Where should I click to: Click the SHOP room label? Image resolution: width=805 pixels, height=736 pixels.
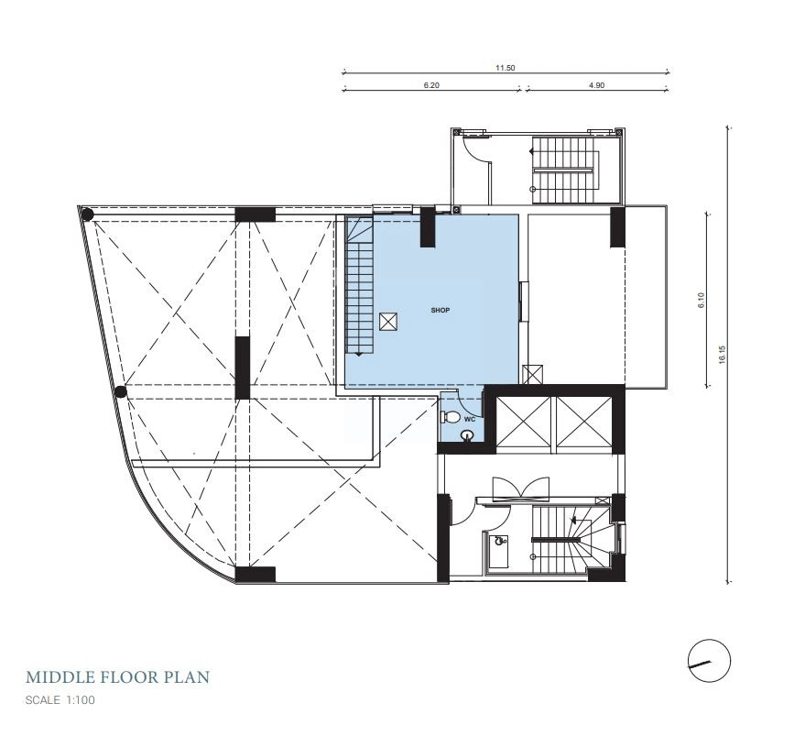pos(440,311)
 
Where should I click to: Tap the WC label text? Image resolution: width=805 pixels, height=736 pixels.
pos(469,420)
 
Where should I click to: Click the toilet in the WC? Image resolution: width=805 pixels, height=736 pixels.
pos(451,417)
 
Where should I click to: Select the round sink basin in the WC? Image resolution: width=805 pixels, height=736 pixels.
pos(467,436)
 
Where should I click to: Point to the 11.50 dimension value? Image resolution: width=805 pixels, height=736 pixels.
pos(505,68)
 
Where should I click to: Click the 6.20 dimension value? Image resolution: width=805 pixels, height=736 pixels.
pos(431,85)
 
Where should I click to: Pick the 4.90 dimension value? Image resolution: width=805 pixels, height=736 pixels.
pos(596,85)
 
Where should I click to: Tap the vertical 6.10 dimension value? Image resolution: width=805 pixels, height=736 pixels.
pos(702,300)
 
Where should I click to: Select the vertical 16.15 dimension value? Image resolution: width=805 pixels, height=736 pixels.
pos(723,355)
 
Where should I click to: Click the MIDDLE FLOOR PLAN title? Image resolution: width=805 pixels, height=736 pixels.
pos(117,677)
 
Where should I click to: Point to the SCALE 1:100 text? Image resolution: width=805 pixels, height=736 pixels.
pos(60,700)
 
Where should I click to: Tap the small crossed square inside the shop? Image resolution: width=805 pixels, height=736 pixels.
pos(388,322)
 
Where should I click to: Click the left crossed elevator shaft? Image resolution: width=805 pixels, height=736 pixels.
pos(524,422)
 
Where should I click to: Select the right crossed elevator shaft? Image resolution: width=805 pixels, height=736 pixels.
pos(584,422)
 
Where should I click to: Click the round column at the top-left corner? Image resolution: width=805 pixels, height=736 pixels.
pos(87,214)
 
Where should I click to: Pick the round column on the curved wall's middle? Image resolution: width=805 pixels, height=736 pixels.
pos(120,392)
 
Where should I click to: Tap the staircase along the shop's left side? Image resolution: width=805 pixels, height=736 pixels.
pos(359,286)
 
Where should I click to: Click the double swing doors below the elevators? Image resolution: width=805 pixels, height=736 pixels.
pos(521,489)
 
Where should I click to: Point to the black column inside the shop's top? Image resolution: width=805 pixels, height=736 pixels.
pos(428,226)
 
